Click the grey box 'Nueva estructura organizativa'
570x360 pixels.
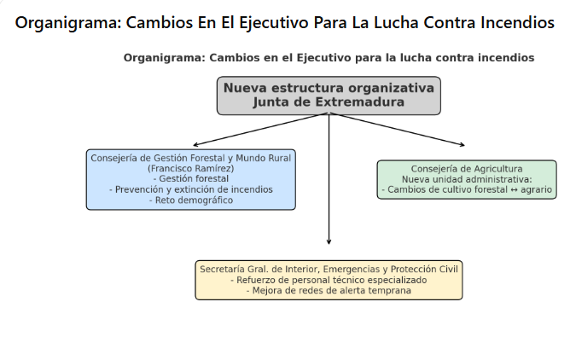329,96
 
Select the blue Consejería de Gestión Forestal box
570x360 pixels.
191,179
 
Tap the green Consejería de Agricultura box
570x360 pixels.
467,179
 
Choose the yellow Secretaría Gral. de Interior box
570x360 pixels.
329,280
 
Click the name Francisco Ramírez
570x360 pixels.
191,169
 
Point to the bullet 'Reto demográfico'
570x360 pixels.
191,200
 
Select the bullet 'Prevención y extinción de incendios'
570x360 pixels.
191,189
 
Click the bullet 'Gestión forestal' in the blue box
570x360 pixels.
191,179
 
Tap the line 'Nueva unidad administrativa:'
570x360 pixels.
467,179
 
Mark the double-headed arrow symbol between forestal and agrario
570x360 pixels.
514,190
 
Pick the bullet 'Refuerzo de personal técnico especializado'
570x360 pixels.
329,280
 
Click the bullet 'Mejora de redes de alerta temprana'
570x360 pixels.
329,291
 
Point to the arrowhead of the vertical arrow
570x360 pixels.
329,242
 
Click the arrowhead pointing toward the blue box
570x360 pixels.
195,145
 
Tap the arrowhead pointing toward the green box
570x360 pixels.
462,145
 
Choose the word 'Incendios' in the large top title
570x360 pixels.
517,22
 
